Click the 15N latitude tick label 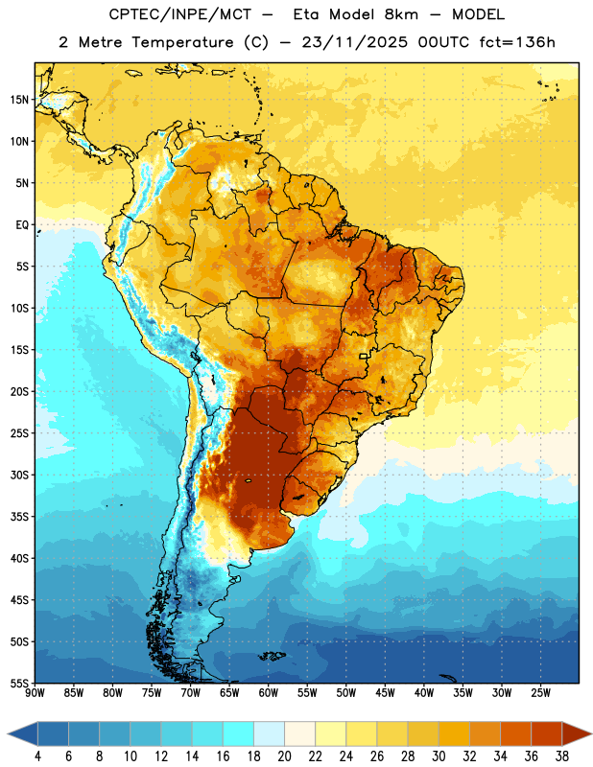pos(19,100)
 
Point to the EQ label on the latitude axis pos(22,225)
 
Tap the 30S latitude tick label pos(19,475)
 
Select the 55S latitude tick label pos(19,683)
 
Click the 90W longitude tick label pos(35,693)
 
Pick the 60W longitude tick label pos(269,693)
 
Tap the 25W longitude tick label pos(540,693)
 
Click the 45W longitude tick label pos(385,693)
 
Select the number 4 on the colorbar pos(37,756)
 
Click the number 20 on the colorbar pos(284,756)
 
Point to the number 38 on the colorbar pos(562,756)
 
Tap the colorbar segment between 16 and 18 pos(239,734)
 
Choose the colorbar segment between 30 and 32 pos(455,734)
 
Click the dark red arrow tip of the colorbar pos(591,734)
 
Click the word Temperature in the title pos(182,42)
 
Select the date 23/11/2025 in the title pos(354,42)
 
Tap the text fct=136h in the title pos(517,42)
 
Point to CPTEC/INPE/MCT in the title pos(179,14)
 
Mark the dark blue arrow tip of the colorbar pos(9,734)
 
